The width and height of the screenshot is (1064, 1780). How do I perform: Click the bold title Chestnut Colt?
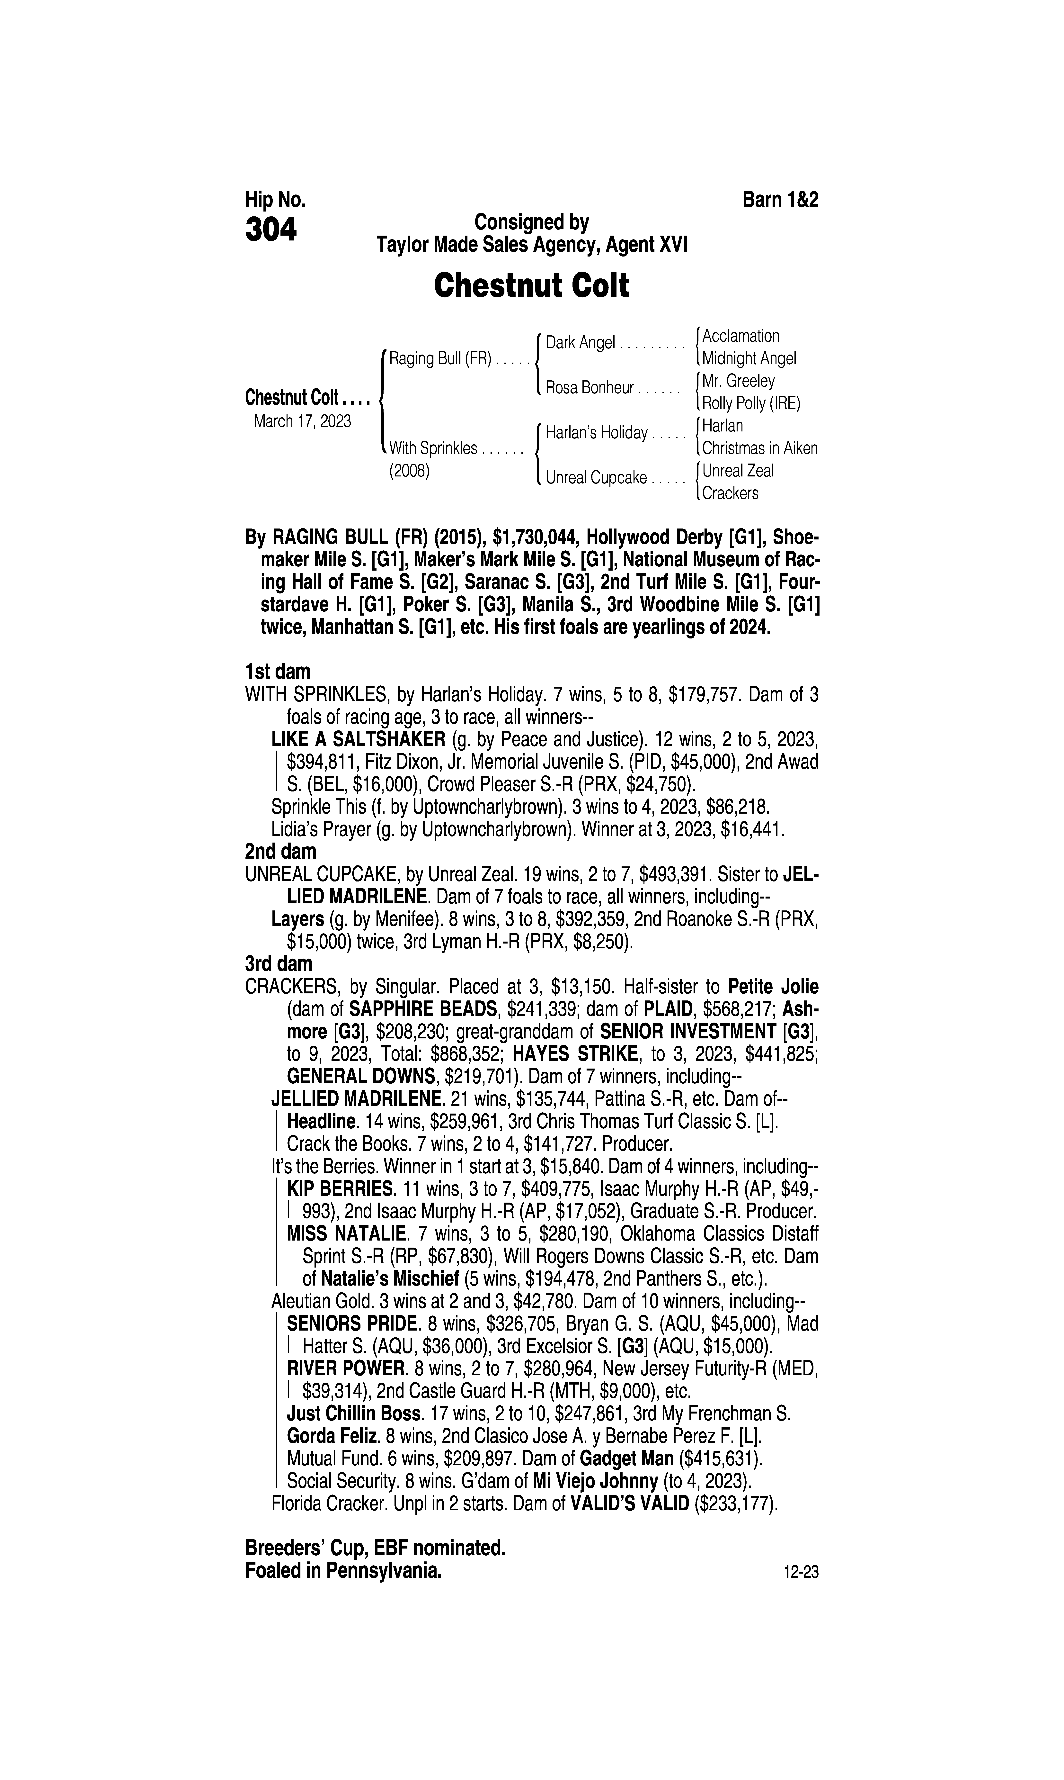(x=531, y=285)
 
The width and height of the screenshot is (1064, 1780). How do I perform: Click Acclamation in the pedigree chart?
(x=741, y=336)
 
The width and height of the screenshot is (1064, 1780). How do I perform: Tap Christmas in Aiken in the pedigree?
(x=760, y=448)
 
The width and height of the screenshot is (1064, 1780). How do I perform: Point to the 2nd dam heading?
(x=280, y=851)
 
